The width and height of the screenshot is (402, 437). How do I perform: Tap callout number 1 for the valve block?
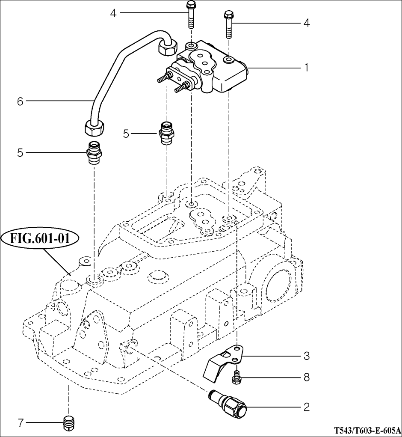306,68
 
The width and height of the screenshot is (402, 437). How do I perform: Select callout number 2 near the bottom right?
306,407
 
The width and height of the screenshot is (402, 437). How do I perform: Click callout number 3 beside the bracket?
306,356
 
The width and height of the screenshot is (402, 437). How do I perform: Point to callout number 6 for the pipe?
20,101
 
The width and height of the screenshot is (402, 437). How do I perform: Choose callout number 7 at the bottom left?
20,423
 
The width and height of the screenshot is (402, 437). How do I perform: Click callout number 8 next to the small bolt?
306,378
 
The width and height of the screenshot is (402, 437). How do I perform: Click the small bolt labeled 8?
235,377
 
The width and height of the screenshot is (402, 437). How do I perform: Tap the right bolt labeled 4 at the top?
228,25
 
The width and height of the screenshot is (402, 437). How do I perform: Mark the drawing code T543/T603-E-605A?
367,430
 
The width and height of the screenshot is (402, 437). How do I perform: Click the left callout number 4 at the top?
113,13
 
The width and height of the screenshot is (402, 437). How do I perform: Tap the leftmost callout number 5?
20,152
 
